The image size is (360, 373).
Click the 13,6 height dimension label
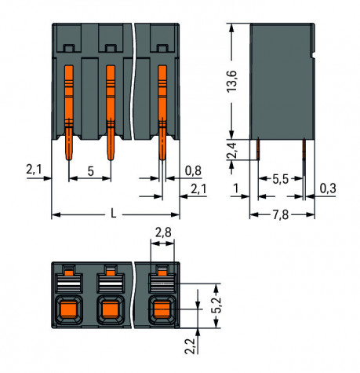(x=231, y=81)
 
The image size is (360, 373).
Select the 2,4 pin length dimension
(x=231, y=150)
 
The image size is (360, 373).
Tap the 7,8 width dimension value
(x=281, y=215)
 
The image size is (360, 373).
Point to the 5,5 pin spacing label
(x=280, y=179)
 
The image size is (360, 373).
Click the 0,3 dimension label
(x=328, y=188)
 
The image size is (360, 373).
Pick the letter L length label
(x=113, y=214)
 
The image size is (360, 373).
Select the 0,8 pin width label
(x=193, y=170)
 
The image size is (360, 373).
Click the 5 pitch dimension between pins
(x=90, y=171)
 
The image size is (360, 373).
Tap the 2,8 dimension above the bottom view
(x=163, y=232)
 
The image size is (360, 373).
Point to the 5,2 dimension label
(x=216, y=305)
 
